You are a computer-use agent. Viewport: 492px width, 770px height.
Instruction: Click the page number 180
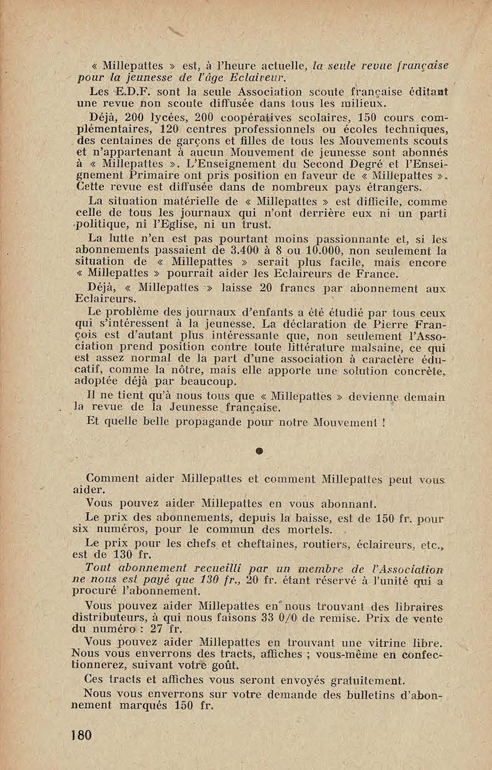click(x=81, y=735)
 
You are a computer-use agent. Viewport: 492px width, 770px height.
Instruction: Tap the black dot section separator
click(x=257, y=450)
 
